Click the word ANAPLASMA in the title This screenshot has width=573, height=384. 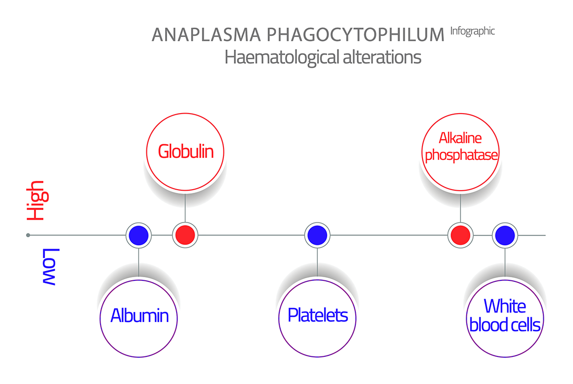(206, 35)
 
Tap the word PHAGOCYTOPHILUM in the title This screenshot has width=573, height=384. (355, 35)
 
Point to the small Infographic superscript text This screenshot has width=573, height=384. (472, 31)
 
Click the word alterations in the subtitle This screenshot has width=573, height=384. (382, 57)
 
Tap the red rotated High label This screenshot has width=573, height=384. (38, 200)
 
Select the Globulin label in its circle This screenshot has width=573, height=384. (185, 151)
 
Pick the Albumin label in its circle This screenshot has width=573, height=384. (139, 315)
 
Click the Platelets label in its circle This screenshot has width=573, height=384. (318, 315)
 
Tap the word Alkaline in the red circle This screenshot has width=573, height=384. (460, 138)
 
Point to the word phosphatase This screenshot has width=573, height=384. (461, 155)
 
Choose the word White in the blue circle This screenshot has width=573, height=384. (505, 306)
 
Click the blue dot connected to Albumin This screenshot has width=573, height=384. (139, 236)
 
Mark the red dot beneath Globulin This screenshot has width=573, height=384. (185, 236)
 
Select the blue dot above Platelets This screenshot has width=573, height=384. (317, 236)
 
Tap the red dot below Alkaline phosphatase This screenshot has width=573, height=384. (460, 236)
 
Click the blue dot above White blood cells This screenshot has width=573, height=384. (505, 236)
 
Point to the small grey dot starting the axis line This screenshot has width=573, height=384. (28, 236)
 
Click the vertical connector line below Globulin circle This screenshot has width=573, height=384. (185, 206)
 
